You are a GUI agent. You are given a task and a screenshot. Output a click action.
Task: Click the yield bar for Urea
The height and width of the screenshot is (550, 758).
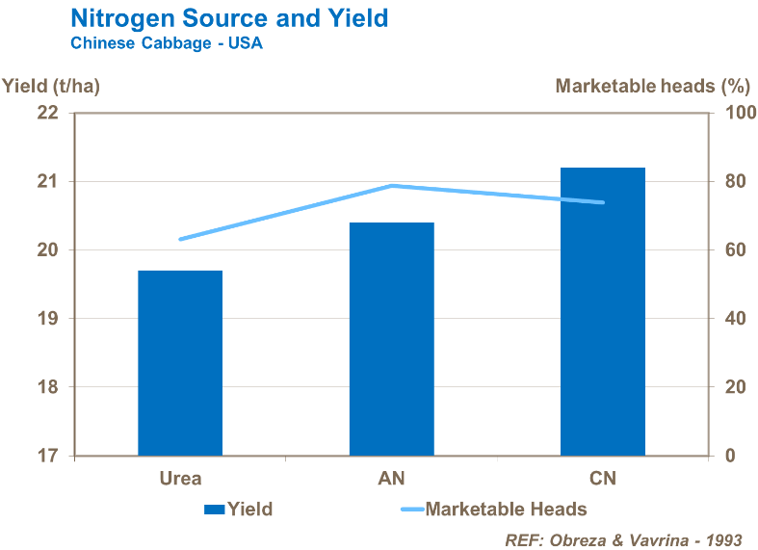click(x=180, y=363)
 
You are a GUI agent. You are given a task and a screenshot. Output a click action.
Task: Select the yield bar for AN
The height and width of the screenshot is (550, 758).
click(x=391, y=339)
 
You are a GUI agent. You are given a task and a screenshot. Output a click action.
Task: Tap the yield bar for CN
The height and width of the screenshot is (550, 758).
click(x=602, y=311)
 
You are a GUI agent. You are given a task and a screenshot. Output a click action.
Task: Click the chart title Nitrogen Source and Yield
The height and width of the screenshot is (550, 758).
click(x=229, y=18)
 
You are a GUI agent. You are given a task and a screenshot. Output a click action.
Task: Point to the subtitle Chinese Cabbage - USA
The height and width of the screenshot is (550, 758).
click(x=166, y=43)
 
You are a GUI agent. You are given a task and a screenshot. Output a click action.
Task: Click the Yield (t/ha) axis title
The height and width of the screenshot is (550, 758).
click(x=51, y=86)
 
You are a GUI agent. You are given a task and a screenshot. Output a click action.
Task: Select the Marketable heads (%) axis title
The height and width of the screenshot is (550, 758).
click(x=652, y=86)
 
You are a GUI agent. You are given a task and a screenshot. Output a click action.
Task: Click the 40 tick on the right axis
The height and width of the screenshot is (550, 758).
click(x=731, y=319)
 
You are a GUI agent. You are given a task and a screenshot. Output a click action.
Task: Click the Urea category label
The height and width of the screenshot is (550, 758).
click(x=180, y=479)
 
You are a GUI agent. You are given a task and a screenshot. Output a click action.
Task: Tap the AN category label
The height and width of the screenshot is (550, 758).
click(x=391, y=479)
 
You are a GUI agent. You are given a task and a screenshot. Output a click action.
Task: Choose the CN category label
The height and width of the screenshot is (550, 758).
click(x=602, y=479)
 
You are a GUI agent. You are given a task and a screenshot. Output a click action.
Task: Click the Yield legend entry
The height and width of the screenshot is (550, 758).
click(x=239, y=509)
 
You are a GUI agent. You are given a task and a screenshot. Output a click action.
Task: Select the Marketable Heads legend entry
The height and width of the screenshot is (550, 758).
click(x=493, y=509)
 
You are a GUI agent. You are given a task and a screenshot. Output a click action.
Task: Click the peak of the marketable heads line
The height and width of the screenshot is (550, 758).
click(x=391, y=185)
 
